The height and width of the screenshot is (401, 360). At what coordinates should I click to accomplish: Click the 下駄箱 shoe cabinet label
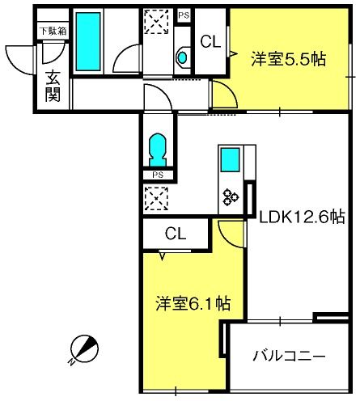[53, 31]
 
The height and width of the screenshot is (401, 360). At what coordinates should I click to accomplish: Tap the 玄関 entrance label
[53, 87]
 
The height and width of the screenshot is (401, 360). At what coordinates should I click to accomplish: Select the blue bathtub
[88, 41]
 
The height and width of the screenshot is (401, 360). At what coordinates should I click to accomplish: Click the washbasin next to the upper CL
[182, 57]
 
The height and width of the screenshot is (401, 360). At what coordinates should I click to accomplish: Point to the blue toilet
[158, 150]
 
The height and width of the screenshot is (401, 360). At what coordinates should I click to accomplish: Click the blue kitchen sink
[231, 160]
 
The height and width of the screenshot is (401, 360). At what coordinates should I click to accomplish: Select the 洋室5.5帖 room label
[288, 59]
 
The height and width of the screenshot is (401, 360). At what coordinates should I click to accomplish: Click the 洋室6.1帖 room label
[193, 304]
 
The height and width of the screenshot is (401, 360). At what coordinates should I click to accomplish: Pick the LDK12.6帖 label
[302, 217]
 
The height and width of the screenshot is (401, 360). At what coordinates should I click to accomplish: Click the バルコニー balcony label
[289, 356]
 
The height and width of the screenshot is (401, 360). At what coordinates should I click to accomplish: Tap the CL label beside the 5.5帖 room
[210, 42]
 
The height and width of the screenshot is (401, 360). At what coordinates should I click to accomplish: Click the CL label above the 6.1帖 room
[176, 234]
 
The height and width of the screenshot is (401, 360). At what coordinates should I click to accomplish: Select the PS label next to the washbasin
[184, 15]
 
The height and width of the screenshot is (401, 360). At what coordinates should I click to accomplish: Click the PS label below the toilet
[158, 175]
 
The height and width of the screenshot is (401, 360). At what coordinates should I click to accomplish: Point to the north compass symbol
[84, 349]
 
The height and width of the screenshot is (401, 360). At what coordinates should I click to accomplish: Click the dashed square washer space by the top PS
[157, 22]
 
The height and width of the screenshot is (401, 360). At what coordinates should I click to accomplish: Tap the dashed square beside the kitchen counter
[156, 199]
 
